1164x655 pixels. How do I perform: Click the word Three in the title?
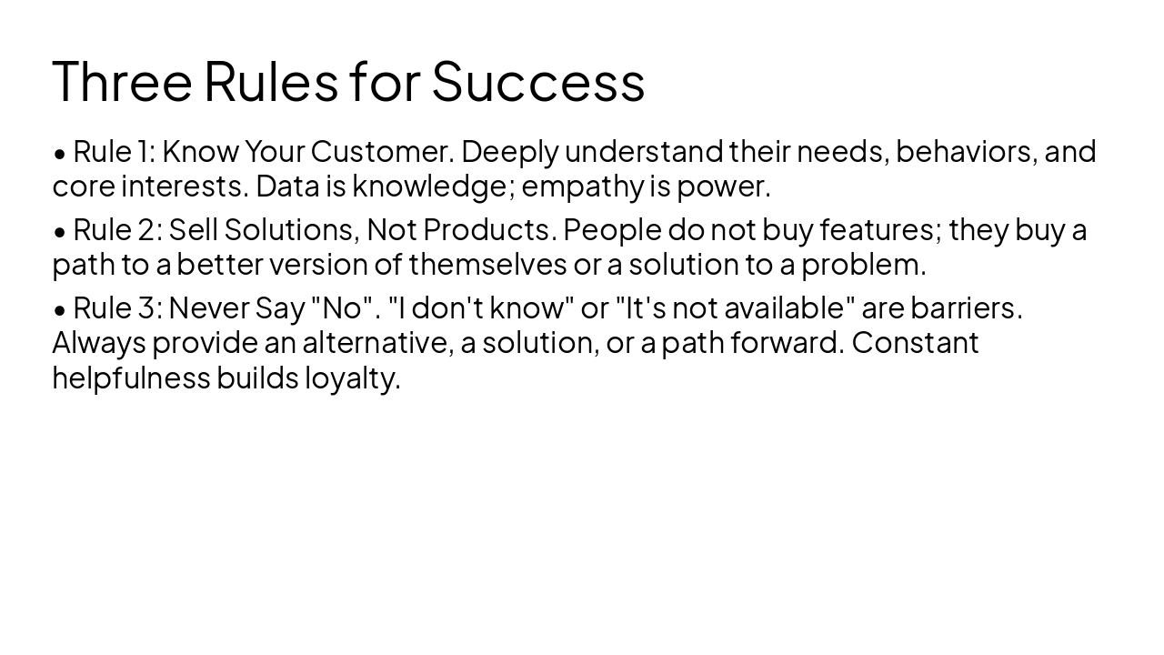[122, 80]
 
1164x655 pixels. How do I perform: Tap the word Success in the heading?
[537, 80]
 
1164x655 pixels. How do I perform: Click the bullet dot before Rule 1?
[60, 153]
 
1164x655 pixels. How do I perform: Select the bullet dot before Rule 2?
[60, 232]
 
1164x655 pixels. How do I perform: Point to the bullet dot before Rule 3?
[60, 310]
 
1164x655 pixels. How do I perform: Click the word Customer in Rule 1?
[380, 151]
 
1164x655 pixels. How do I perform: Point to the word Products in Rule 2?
[489, 229]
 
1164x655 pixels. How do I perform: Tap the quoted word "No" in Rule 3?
[342, 307]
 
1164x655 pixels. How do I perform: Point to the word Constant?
[915, 342]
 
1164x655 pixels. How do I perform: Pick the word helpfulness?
[131, 377]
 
